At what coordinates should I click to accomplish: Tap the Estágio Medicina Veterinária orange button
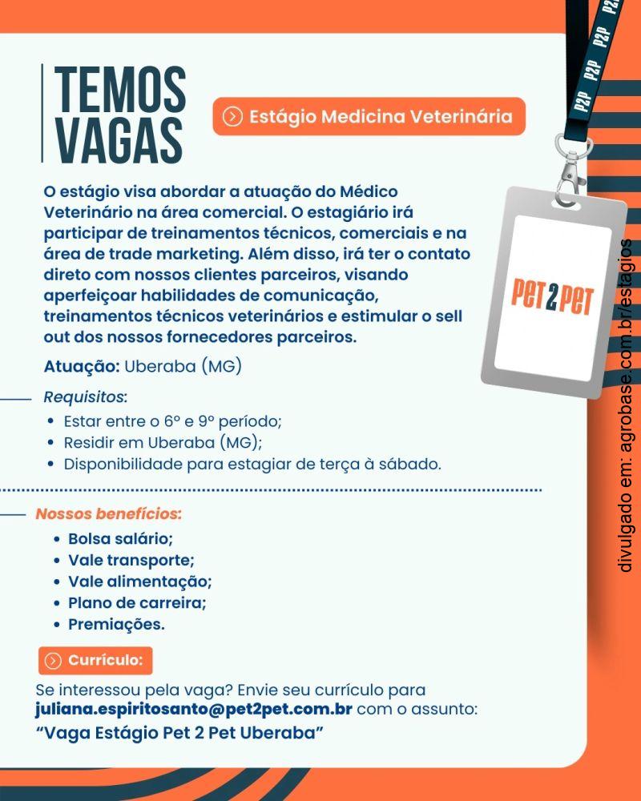coord(369,117)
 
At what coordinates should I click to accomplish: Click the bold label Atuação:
coord(82,368)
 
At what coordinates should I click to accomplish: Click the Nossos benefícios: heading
coord(108,513)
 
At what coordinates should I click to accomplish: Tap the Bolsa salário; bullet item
coord(120,538)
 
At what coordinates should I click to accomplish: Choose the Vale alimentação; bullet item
coord(139,582)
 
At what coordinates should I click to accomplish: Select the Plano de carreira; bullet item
coord(137,602)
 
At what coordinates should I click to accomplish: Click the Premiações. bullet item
coord(116,624)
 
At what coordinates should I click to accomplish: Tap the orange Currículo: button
coord(95,661)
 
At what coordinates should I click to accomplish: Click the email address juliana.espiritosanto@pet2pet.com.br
coord(194,710)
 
